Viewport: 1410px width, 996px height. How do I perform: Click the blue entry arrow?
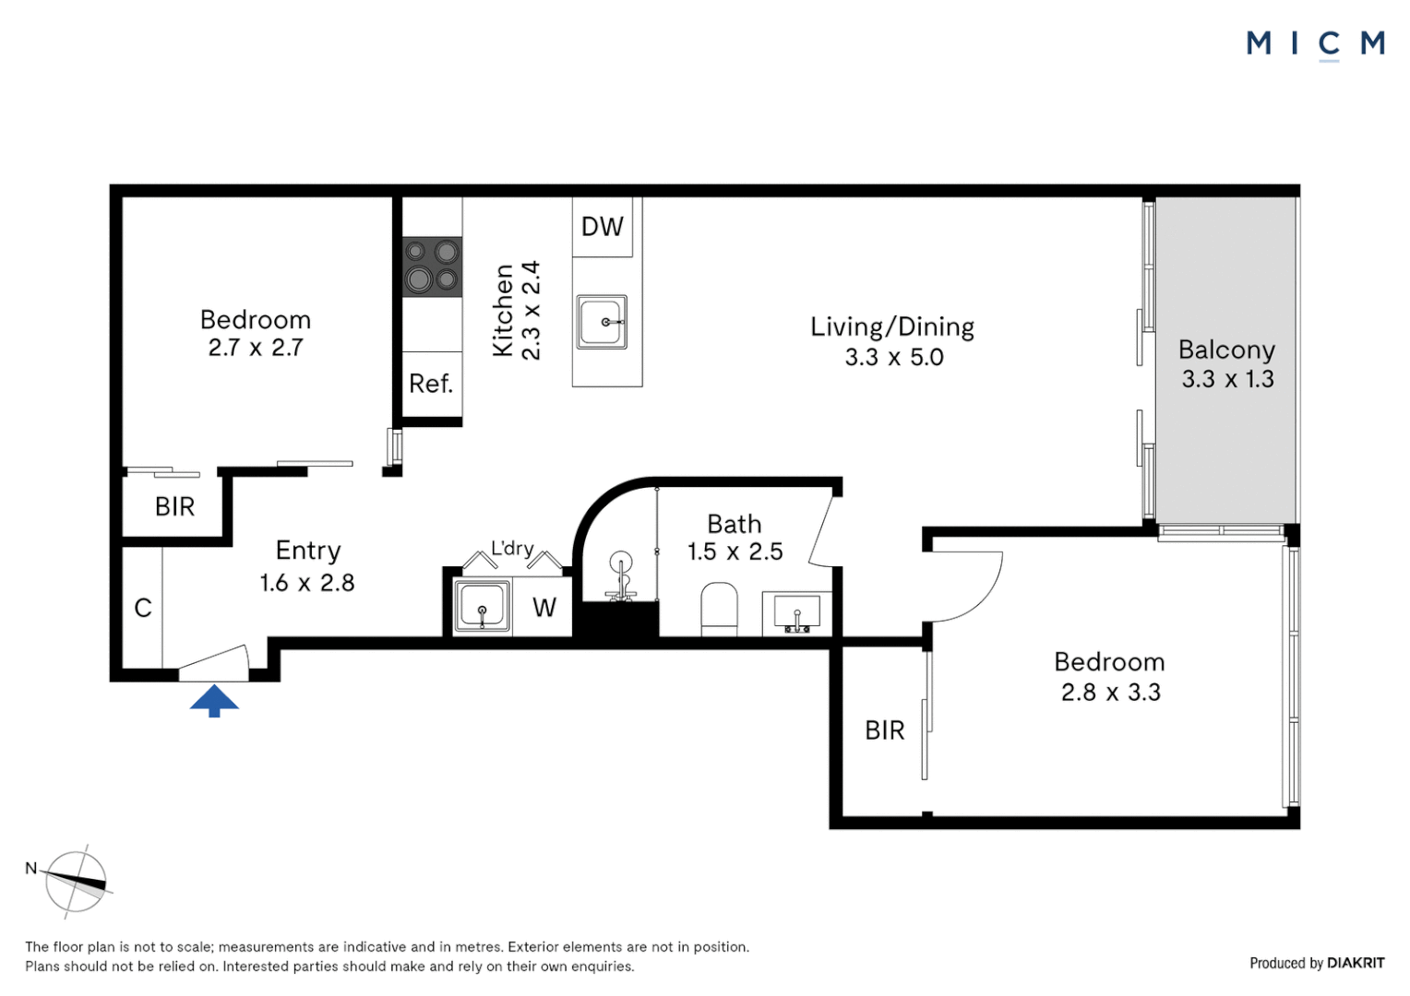(x=214, y=701)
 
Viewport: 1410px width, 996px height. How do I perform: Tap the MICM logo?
(x=1315, y=43)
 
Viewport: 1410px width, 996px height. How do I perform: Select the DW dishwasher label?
(x=603, y=227)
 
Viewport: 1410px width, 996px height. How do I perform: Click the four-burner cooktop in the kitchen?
(x=432, y=266)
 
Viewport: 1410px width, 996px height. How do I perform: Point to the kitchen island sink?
(x=602, y=322)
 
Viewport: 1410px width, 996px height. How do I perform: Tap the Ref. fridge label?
(x=431, y=384)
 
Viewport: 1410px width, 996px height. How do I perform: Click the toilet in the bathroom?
(x=719, y=609)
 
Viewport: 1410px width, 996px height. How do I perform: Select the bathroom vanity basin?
(x=796, y=612)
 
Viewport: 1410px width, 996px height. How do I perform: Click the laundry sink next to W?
(x=481, y=607)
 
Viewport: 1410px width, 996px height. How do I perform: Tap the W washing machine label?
(x=544, y=608)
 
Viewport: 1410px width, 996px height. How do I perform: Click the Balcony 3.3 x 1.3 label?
(x=1227, y=364)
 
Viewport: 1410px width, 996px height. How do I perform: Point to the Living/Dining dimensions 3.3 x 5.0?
(x=893, y=358)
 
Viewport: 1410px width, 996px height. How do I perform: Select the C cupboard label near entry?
(x=143, y=608)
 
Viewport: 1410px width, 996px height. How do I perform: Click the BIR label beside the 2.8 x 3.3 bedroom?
(x=884, y=730)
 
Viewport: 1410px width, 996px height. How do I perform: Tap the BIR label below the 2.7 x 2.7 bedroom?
(x=174, y=506)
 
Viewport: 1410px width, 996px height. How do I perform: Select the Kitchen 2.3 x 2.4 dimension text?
(x=531, y=310)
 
